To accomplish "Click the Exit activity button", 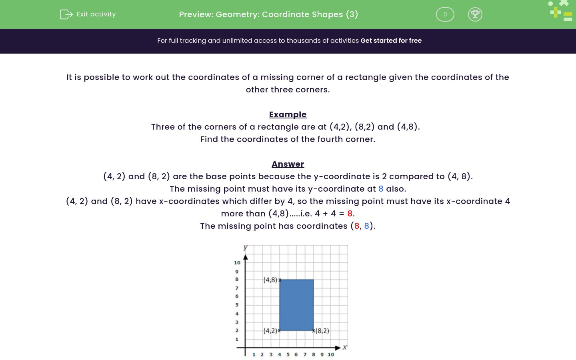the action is (88, 14).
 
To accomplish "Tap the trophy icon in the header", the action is (475, 14).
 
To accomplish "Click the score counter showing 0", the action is (445, 14).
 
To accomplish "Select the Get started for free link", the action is (391, 41).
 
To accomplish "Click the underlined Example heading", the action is (288, 114).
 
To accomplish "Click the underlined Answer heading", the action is (288, 164).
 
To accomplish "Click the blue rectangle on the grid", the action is (296, 305).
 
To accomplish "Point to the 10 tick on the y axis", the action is (237, 263).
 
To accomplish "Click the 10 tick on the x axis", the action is (331, 354).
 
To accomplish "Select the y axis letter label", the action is (245, 248).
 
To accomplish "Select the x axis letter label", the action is (344, 347).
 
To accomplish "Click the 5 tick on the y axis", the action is (237, 305).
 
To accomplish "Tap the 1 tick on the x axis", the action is (254, 354).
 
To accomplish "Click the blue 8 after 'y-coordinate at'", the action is (381, 189).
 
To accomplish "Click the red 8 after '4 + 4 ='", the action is (350, 214).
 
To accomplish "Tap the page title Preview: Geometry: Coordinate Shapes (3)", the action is (268, 14).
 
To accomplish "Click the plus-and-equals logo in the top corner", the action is (561, 11).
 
